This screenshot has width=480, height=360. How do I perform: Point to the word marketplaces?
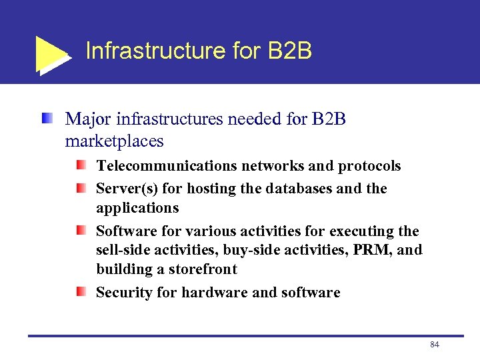(x=114, y=141)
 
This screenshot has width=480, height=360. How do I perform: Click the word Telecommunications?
(x=166, y=165)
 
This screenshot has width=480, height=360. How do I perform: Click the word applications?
(x=137, y=208)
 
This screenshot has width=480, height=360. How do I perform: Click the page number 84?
(x=435, y=345)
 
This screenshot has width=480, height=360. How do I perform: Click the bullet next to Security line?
(x=80, y=291)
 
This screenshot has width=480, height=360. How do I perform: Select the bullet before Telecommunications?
(x=80, y=165)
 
